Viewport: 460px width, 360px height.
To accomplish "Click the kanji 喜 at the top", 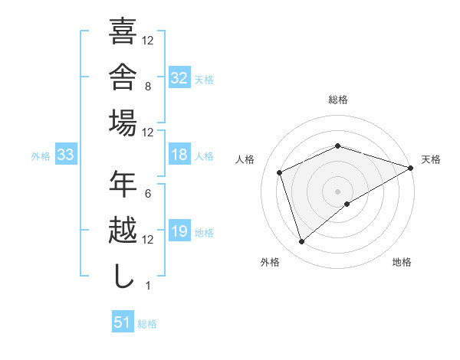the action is (123, 31).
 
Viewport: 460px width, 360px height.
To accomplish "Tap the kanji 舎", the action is (123, 77).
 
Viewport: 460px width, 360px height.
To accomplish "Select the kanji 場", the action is (123, 123).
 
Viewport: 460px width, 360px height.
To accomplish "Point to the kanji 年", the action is (123, 184).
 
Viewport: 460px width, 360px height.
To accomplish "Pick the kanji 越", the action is (123, 230).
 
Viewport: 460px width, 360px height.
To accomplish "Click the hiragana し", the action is (123, 276).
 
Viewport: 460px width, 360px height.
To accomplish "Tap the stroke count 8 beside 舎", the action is (148, 87).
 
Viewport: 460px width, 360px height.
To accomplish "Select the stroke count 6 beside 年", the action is (148, 194).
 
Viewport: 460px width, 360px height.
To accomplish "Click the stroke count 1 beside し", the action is (148, 286).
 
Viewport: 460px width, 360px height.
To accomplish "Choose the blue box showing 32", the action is (179, 77).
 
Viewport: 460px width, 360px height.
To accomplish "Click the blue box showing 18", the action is (179, 154).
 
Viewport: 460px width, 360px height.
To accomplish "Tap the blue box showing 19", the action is (179, 230).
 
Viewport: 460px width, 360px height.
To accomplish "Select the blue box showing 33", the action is (66, 154).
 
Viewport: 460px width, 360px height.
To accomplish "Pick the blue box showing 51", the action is (123, 321).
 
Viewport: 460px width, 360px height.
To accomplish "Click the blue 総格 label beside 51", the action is (147, 324).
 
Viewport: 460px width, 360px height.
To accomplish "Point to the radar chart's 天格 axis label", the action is (431, 159).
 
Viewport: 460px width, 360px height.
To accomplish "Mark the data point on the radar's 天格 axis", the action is (411, 168).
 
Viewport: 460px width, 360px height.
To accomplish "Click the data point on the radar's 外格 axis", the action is (301, 242).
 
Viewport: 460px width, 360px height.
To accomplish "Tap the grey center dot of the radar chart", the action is (337, 191).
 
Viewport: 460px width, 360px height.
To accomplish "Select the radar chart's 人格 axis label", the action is (245, 159).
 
